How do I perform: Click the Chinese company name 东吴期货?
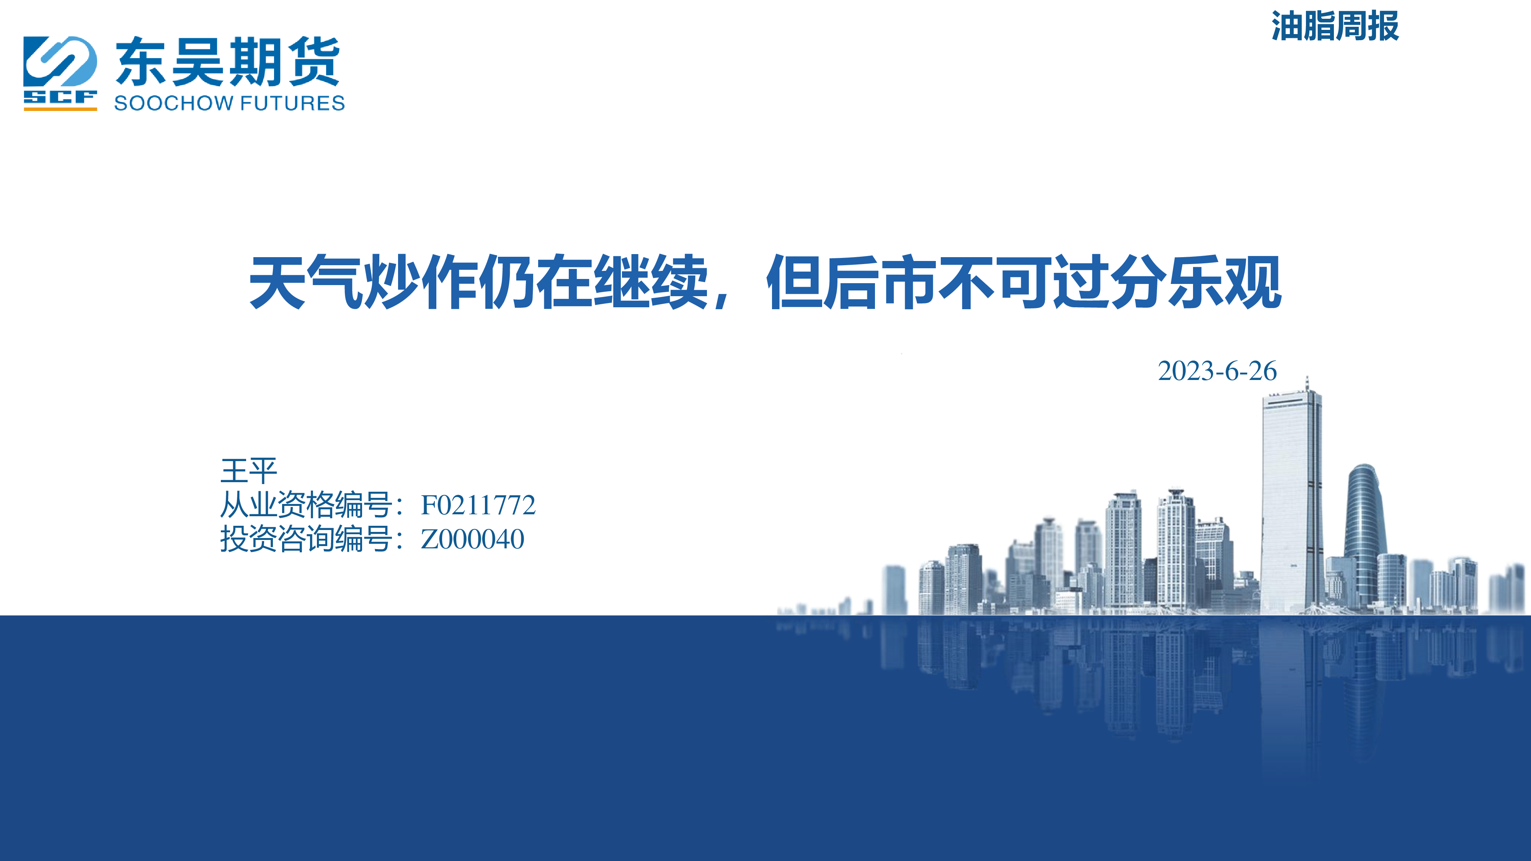[228, 62]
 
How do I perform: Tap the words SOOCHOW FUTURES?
[229, 103]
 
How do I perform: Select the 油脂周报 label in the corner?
[1335, 26]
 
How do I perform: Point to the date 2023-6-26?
[1217, 371]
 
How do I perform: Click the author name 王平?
[248, 471]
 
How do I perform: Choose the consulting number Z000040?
[472, 539]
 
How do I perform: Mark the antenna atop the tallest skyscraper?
[1307, 383]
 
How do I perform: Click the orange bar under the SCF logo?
[60, 109]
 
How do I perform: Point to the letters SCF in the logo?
[60, 97]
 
